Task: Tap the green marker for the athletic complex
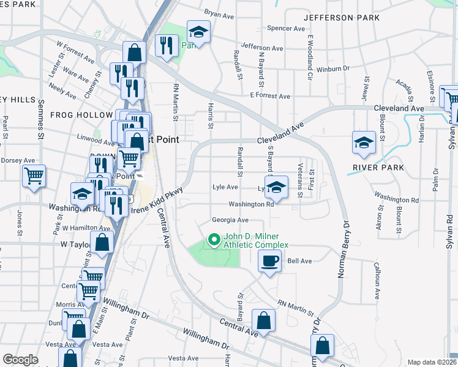(214, 239)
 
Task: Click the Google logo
(20, 360)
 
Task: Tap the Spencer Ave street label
(286, 28)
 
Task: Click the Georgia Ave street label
(230, 220)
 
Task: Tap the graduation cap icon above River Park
(364, 143)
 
